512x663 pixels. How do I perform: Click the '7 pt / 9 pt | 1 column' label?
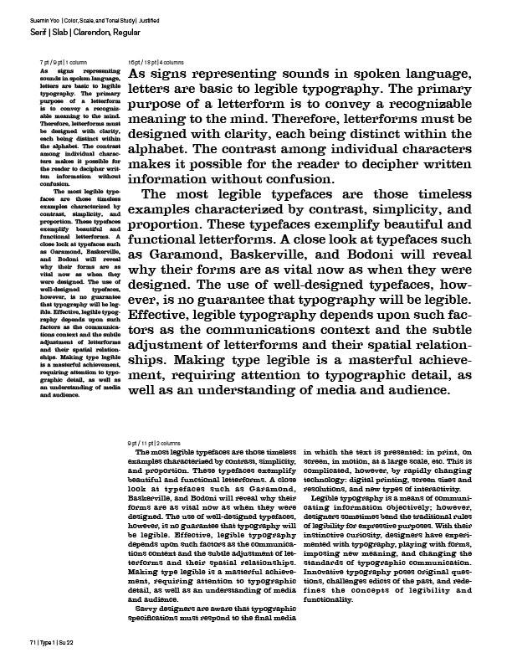63,63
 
